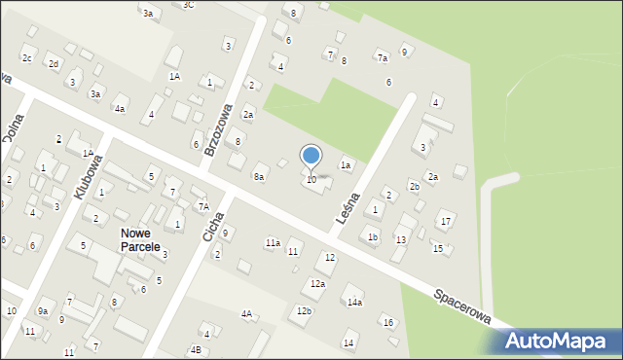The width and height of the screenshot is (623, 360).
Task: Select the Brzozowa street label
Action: click(x=216, y=129)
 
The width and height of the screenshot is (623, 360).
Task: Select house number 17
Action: click(x=445, y=223)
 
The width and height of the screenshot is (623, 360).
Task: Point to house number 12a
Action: click(x=317, y=284)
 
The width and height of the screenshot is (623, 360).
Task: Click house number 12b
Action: click(x=304, y=310)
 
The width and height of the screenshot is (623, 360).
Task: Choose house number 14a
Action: click(x=354, y=303)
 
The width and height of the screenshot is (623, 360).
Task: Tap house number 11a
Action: click(x=273, y=242)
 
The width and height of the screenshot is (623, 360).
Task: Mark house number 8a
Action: click(x=259, y=177)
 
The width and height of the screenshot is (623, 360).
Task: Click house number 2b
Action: click(x=414, y=186)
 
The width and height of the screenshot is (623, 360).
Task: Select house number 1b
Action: click(x=372, y=236)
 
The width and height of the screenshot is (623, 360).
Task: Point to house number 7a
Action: click(x=383, y=58)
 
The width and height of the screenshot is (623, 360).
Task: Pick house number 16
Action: click(x=386, y=322)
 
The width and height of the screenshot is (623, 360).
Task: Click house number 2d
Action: click(x=55, y=64)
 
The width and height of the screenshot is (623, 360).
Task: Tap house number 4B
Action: click(x=196, y=349)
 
